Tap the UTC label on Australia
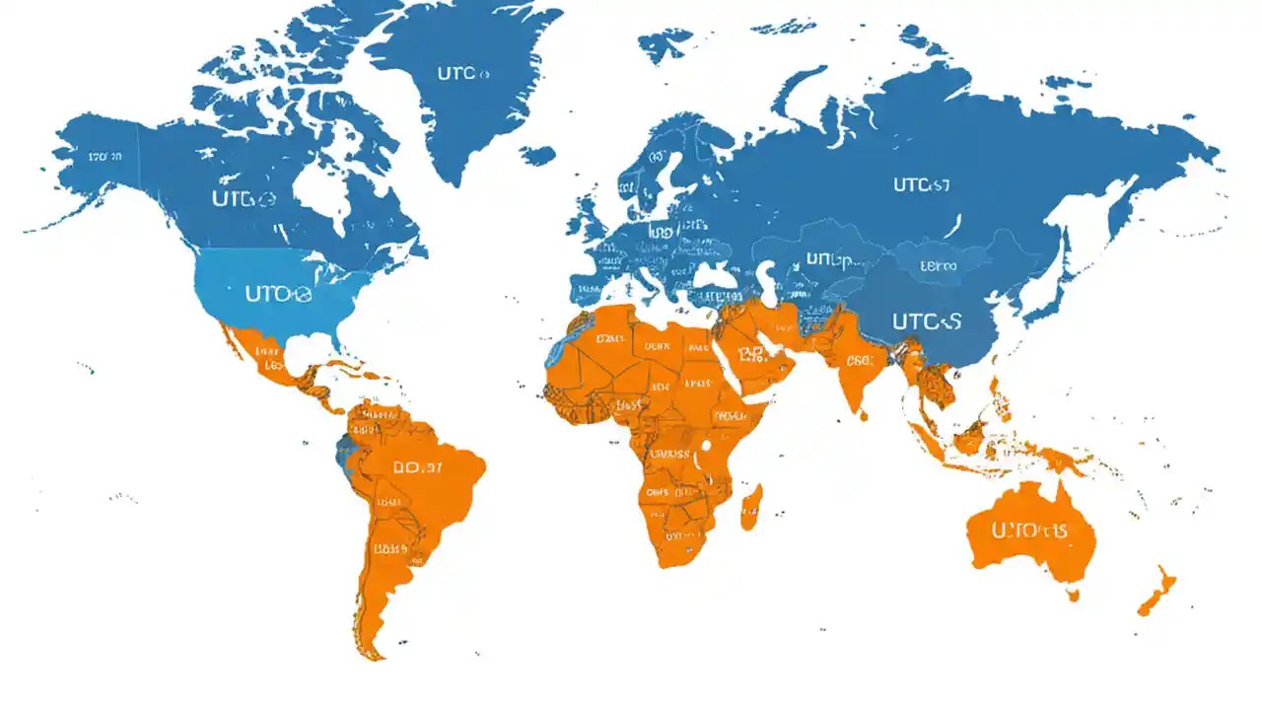click(x=1029, y=531)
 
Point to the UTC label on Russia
click(x=921, y=184)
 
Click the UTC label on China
click(x=926, y=320)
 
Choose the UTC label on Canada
click(x=242, y=198)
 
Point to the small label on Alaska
click(x=104, y=157)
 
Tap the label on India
click(x=859, y=361)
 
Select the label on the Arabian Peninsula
click(x=753, y=355)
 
